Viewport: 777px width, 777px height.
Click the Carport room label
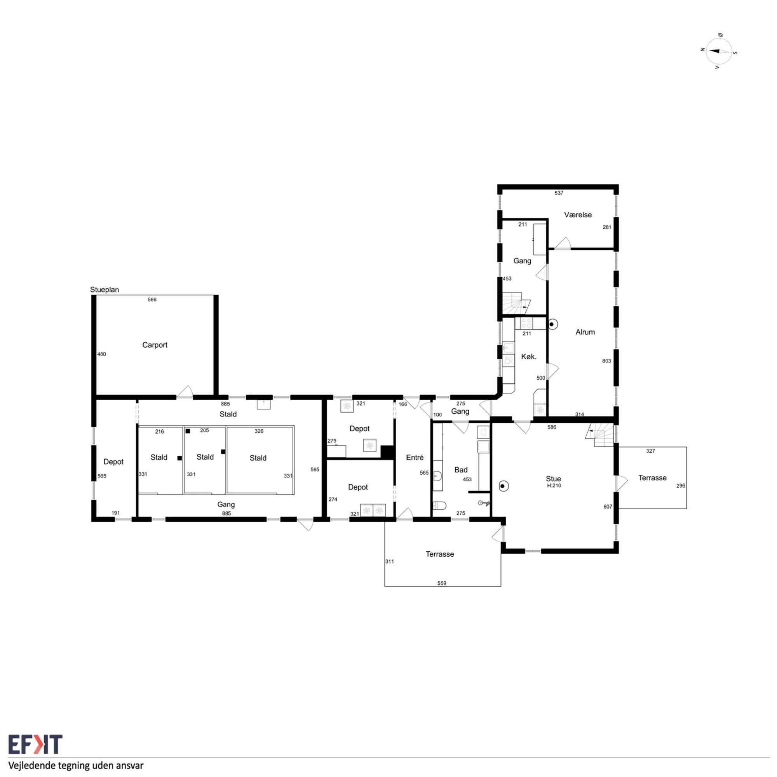click(x=155, y=345)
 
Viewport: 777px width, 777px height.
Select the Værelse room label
click(x=578, y=215)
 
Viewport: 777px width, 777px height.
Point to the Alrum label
click(x=585, y=332)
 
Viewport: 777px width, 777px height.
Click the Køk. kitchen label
click(x=529, y=356)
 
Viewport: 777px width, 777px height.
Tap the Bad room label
click(x=461, y=470)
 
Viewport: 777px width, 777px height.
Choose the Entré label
click(x=415, y=457)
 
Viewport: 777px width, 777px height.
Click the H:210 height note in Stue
click(x=554, y=485)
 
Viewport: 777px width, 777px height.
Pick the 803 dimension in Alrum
click(x=606, y=361)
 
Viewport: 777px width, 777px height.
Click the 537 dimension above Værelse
click(x=559, y=193)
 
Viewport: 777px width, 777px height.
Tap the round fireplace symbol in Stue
click(x=503, y=487)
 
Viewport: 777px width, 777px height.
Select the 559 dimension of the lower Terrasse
click(x=442, y=584)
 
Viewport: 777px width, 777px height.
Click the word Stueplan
click(x=105, y=290)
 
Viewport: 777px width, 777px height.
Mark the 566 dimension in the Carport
click(x=152, y=300)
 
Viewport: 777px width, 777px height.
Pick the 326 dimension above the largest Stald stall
click(x=259, y=431)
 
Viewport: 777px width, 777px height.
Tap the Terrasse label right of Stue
click(x=652, y=478)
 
